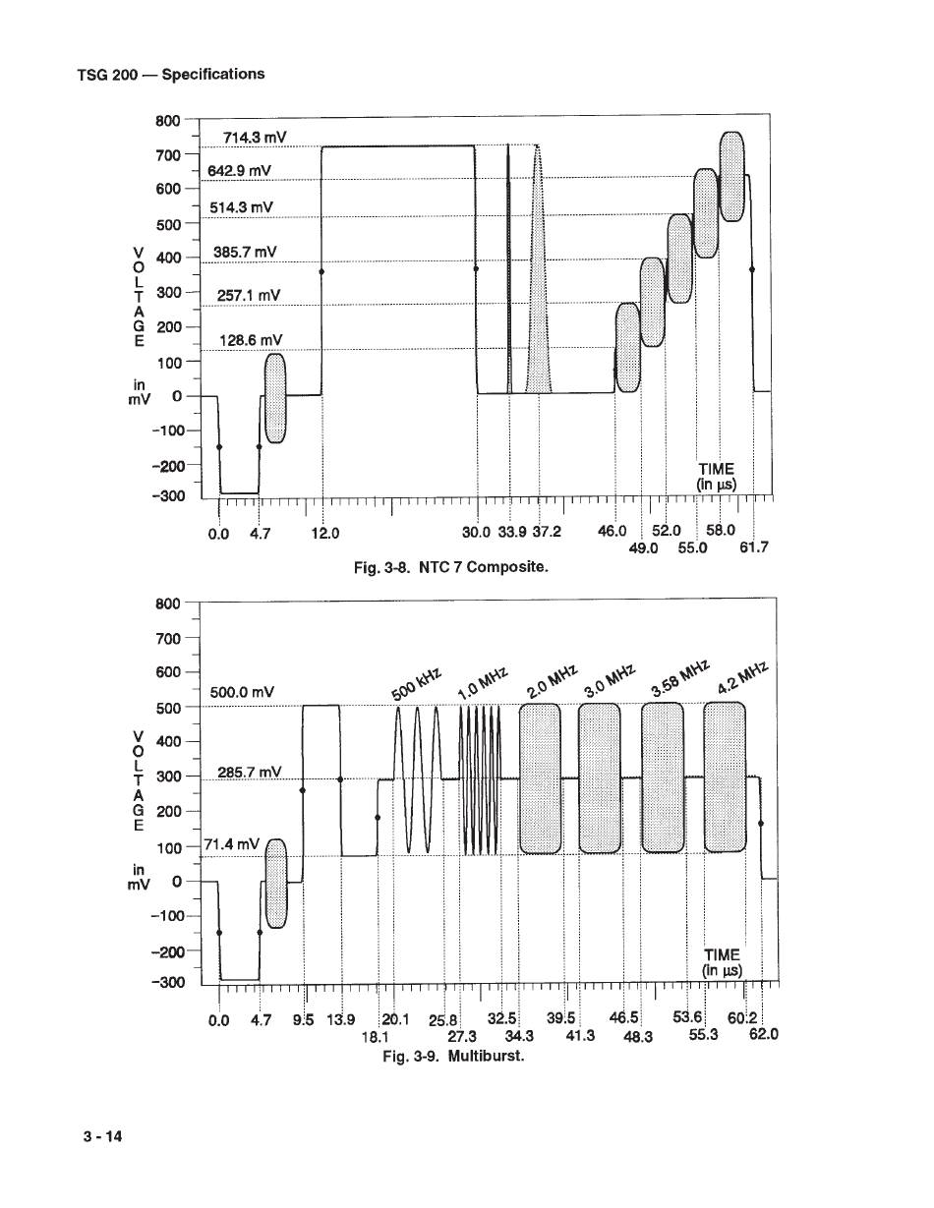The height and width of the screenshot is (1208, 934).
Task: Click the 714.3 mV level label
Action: point(255,137)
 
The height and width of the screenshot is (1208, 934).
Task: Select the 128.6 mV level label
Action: point(251,340)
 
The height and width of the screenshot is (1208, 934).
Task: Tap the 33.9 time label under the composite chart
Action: point(512,532)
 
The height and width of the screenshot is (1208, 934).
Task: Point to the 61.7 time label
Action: point(754,547)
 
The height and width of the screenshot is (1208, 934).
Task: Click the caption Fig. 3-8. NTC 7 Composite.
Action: point(451,567)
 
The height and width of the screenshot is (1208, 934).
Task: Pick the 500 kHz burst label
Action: point(416,684)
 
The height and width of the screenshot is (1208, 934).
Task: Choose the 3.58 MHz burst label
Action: point(680,677)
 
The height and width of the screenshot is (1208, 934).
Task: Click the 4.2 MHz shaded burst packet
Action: point(725,777)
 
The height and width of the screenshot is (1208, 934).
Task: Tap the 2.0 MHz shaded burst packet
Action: point(540,778)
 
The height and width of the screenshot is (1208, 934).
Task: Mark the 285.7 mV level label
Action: point(249,773)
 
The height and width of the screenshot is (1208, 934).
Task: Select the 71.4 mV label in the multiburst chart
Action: point(232,844)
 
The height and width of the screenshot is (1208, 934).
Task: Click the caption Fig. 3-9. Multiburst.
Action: point(453,1055)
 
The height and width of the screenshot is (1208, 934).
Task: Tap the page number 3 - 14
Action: point(102,1136)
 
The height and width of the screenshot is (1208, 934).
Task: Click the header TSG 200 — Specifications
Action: point(171,75)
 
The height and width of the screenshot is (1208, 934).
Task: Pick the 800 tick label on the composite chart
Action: point(168,121)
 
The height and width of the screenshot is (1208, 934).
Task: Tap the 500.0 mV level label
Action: point(242,692)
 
